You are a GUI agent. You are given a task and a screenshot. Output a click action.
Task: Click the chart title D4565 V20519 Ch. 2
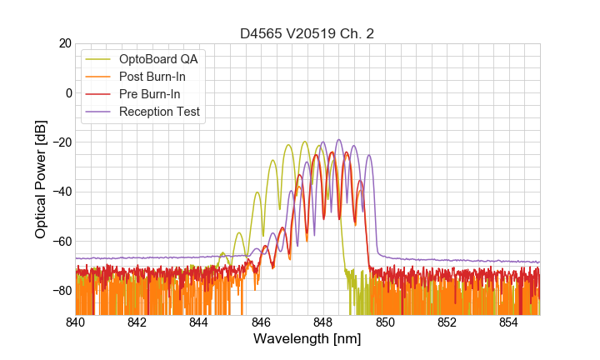(x=307, y=33)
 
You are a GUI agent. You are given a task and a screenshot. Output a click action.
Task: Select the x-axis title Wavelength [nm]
(x=307, y=340)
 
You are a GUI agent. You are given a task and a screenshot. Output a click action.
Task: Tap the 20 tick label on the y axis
(x=63, y=43)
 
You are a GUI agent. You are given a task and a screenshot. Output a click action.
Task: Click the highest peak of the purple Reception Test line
(x=338, y=140)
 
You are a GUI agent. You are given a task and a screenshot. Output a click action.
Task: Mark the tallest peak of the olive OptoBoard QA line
(x=305, y=142)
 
